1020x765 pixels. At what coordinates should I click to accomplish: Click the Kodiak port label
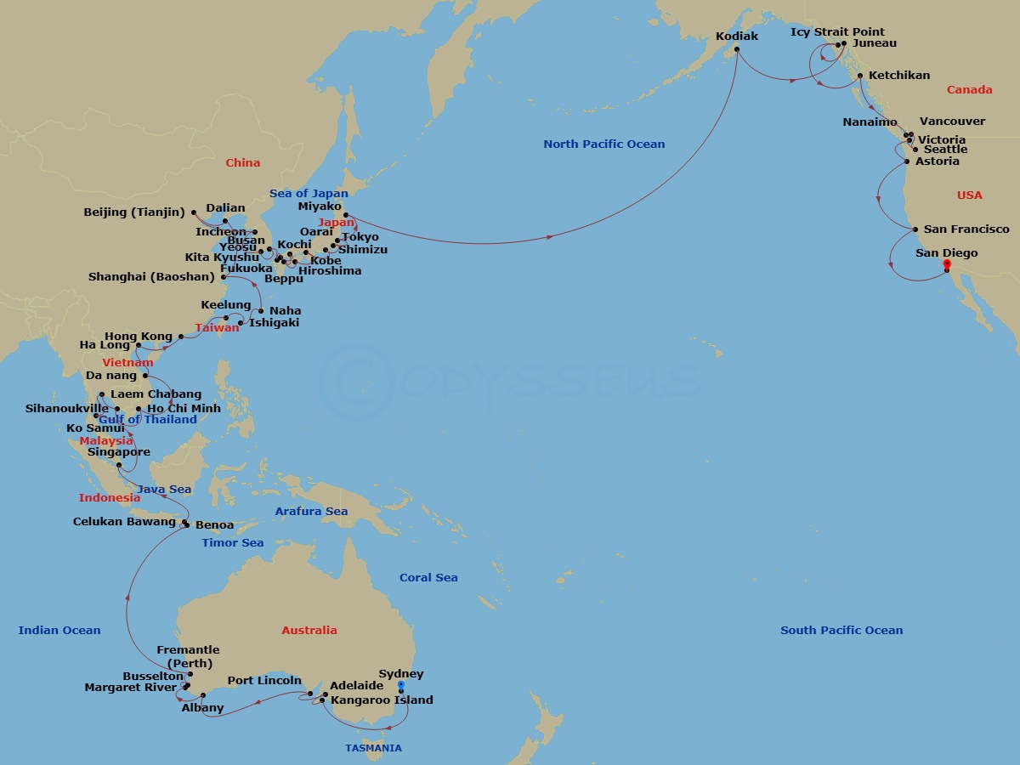[x=737, y=37]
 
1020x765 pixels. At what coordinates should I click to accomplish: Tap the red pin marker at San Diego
[x=947, y=265]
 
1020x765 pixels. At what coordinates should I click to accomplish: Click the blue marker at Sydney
[x=401, y=685]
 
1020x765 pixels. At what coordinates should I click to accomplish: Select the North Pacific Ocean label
[x=603, y=144]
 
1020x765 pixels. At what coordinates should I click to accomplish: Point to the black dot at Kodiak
[x=737, y=49]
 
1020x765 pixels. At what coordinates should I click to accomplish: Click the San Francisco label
[x=966, y=229]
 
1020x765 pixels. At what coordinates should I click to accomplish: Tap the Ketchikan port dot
[x=860, y=76]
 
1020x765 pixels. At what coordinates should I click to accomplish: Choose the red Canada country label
[x=969, y=90]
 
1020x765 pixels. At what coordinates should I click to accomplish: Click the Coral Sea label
[x=428, y=578]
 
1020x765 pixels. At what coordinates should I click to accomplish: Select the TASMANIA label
[x=373, y=749]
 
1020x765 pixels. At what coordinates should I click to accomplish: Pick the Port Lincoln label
[x=264, y=681]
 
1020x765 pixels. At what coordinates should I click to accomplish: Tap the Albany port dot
[x=203, y=695]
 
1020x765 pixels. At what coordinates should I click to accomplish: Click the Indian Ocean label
[x=59, y=631]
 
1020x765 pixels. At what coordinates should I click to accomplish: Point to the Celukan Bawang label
[x=124, y=522]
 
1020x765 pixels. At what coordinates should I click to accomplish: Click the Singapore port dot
[x=119, y=465]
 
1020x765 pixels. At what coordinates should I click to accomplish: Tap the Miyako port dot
[x=346, y=215]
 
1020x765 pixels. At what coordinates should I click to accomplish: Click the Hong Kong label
[x=133, y=337]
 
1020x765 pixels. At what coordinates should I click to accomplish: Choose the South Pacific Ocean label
[x=841, y=631]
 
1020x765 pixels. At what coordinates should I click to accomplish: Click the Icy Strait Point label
[x=837, y=32]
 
